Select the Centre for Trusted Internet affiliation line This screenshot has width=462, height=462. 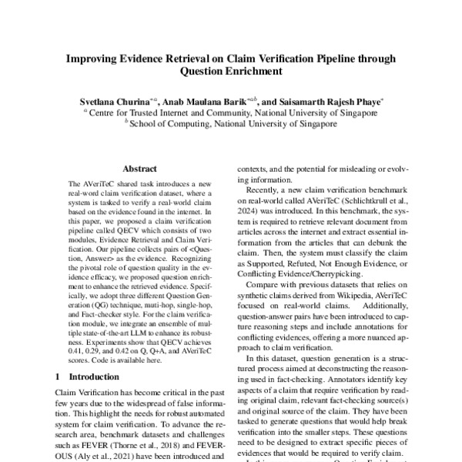[231, 112]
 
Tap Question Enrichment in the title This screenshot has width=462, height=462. [231, 72]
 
